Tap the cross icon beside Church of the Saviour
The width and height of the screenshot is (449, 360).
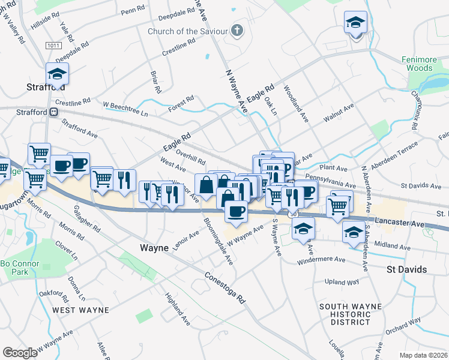pyautogui.click(x=237, y=30)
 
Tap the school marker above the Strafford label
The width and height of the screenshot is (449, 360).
pyautogui.click(x=57, y=74)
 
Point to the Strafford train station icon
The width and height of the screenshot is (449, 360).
pyautogui.click(x=54, y=112)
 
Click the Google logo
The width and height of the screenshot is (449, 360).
pyautogui.click(x=20, y=352)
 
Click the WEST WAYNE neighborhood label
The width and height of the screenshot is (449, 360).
pyautogui.click(x=80, y=310)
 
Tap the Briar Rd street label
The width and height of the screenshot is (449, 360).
pyautogui.click(x=155, y=82)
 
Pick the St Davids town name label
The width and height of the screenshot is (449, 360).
pyautogui.click(x=406, y=269)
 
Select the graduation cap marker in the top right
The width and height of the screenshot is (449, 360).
pyautogui.click(x=355, y=23)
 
